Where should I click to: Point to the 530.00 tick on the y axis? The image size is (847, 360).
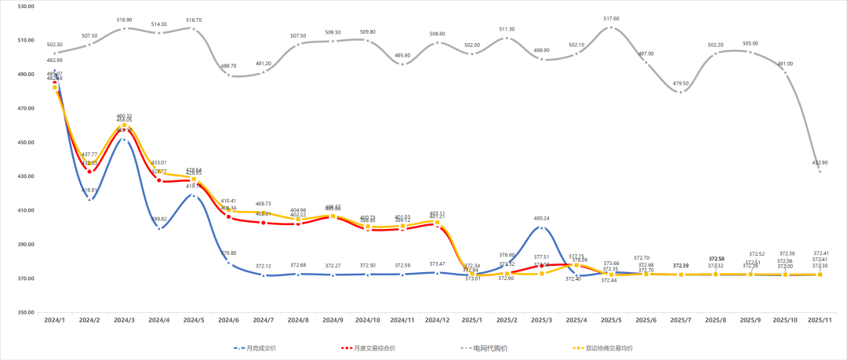click(25, 6)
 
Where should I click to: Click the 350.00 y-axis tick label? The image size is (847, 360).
click(25, 313)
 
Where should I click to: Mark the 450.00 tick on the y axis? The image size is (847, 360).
click(25, 143)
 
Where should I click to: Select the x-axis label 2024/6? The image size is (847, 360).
click(228, 321)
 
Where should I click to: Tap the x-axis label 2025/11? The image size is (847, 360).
click(820, 321)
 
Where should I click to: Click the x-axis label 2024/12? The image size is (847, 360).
click(437, 321)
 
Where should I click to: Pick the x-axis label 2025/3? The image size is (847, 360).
click(541, 321)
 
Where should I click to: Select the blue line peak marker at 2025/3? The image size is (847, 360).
click(541, 227)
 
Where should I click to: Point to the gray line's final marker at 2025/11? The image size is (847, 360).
click(820, 171)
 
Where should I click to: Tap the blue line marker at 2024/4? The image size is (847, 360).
click(159, 228)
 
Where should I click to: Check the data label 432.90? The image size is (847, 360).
click(820, 162)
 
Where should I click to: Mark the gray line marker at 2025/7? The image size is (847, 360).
click(680, 92)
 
